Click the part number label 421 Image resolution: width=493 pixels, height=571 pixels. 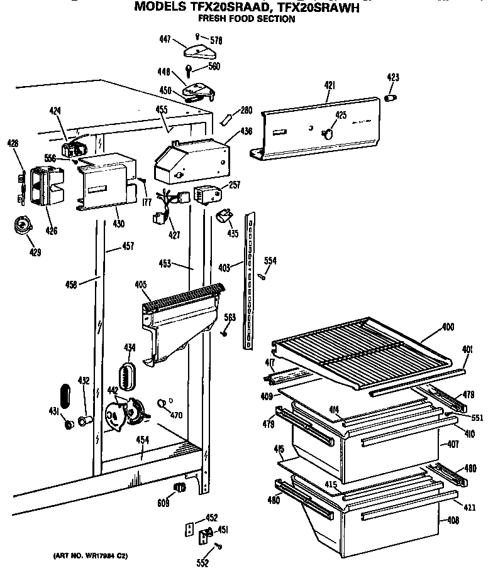tap(330, 85)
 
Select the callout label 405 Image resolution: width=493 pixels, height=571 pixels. tap(141, 285)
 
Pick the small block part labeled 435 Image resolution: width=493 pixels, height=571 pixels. tap(223, 217)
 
